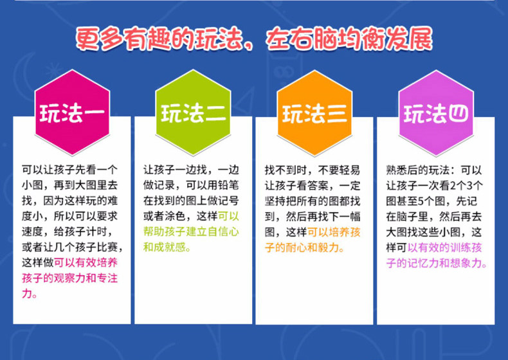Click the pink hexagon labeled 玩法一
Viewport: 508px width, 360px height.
coord(73,113)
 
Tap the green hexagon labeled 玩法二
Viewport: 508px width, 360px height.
coord(193,113)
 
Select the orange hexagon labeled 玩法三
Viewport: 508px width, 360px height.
coord(314,113)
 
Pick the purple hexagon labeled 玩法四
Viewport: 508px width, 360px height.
coord(436,113)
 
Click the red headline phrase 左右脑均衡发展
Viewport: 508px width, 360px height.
coord(349,39)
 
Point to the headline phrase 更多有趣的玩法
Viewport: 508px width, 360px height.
coord(159,39)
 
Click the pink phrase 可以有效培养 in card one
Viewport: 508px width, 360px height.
coord(86,262)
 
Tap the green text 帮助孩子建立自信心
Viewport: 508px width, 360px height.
coord(191,231)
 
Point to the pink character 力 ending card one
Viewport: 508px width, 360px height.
coord(27,294)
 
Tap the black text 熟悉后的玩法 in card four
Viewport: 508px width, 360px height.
coord(417,170)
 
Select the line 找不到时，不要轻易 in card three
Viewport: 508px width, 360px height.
coord(313,170)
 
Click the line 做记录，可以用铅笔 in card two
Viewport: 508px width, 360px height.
coord(191,185)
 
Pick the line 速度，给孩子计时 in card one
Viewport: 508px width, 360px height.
coord(67,231)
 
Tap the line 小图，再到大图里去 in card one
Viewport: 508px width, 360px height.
coord(69,185)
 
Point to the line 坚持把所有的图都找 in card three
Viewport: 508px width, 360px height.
coord(313,201)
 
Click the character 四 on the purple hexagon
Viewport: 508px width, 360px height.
coord(458,114)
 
